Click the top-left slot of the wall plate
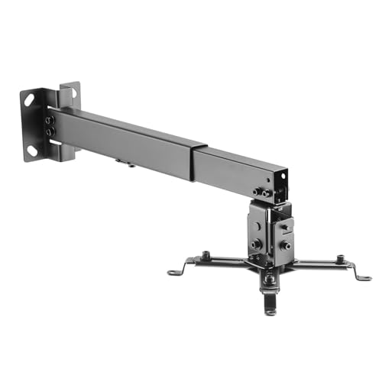coord(30,99)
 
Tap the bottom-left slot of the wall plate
coord(33,150)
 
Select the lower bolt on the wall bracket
coord(50,132)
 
